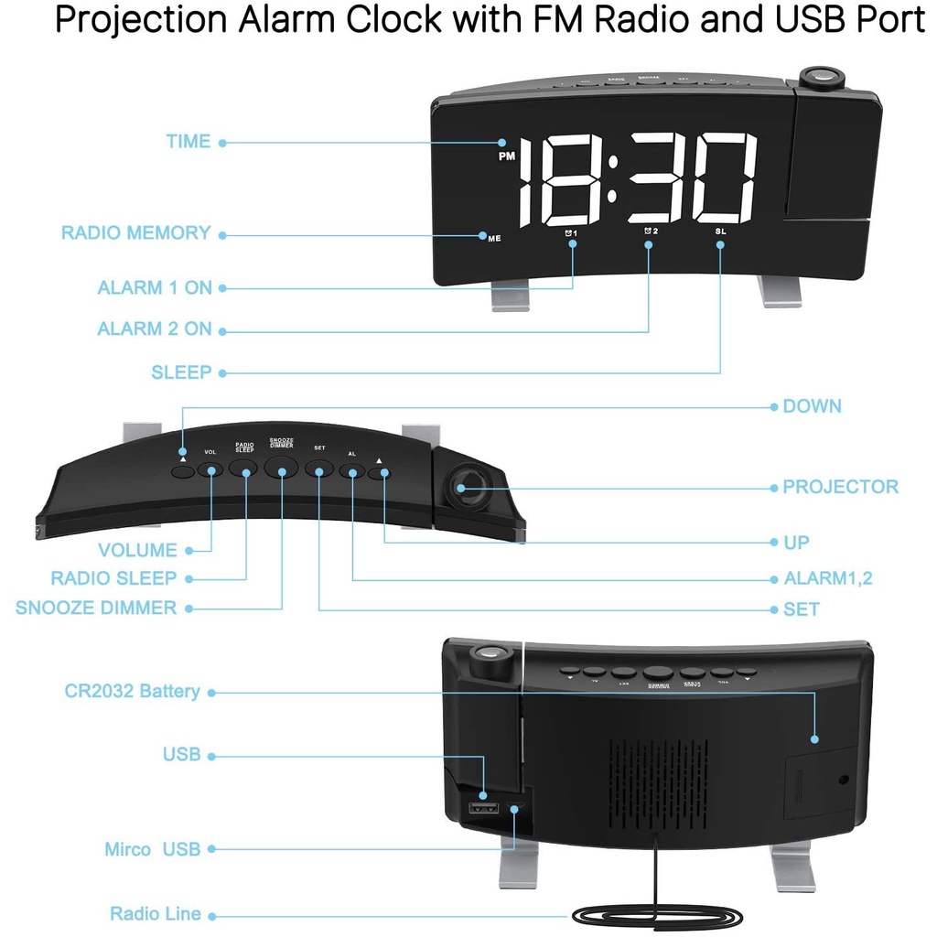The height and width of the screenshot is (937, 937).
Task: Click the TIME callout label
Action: point(188,142)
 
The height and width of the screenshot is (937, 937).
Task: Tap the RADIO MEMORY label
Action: point(135,233)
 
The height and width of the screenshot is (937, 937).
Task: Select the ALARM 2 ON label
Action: point(154,329)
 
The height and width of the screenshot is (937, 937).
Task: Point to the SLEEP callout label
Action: point(181,372)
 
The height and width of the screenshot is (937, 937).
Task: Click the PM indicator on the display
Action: point(507,156)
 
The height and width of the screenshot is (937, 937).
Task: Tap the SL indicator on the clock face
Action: point(720,232)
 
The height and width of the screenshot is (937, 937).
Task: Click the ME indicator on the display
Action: point(494,238)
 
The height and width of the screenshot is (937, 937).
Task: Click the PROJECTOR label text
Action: point(840,487)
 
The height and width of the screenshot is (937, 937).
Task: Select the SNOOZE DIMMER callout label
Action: point(96,608)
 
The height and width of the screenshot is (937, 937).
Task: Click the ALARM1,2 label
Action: point(828,578)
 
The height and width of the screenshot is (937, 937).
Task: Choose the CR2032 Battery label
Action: point(132,691)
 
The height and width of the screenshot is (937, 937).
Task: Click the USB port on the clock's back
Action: point(483,808)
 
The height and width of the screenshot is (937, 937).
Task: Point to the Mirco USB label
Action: point(152,849)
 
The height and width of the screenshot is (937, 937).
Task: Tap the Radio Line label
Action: point(156,913)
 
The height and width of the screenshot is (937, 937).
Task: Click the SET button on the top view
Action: point(318,469)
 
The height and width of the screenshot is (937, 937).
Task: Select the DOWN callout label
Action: point(812,406)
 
